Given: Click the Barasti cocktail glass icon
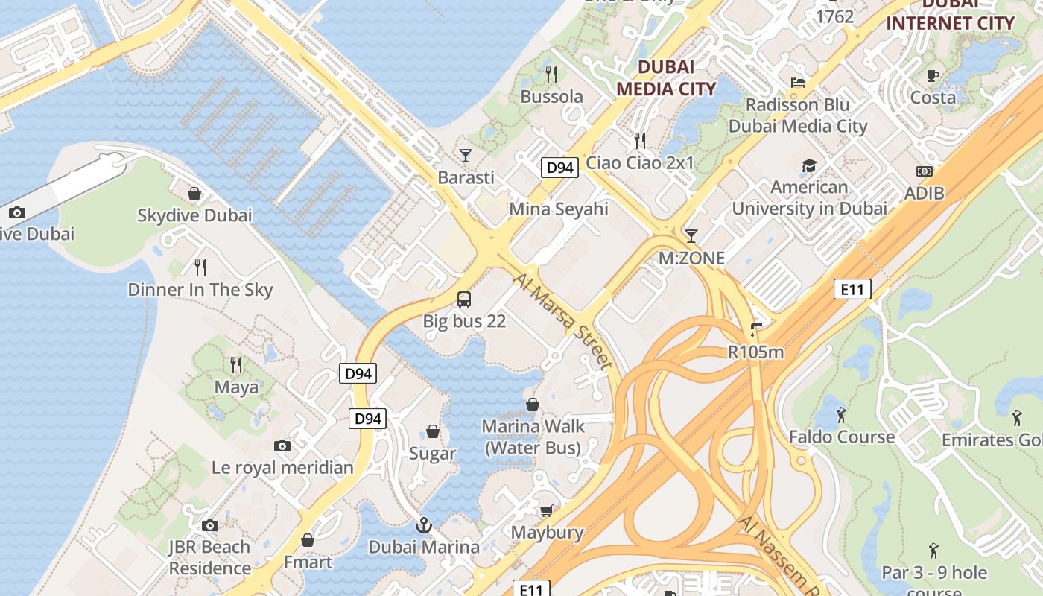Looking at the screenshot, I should coord(466,155).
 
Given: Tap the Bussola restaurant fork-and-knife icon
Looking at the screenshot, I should coord(551,74).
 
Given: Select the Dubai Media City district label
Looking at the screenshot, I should coord(666,77).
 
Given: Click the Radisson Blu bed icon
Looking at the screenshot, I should coord(798,82).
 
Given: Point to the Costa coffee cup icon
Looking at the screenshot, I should coord(933,74).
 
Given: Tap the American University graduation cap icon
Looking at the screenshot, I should coord(809,165).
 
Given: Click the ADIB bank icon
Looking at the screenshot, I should coord(925,171).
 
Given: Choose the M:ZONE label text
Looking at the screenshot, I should coord(691,259).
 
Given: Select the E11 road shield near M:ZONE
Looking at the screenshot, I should coord(852,289).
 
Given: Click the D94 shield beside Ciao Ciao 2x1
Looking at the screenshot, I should coord(559,168).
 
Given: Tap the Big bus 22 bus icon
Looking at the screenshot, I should coord(464,299).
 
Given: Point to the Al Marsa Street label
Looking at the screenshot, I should coord(563,321).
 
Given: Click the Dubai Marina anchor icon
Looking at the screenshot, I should coord(424,525).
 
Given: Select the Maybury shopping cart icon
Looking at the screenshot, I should coord(547,510).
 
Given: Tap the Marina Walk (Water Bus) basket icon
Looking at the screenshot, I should coord(533,405).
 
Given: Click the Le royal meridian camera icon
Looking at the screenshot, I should coord(282,446).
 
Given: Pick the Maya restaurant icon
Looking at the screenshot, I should coord(236,365).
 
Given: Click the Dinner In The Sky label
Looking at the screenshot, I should coord(200,290).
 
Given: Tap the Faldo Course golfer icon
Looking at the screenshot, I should coord(841,414).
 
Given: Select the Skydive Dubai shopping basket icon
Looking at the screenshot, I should coord(194,194).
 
